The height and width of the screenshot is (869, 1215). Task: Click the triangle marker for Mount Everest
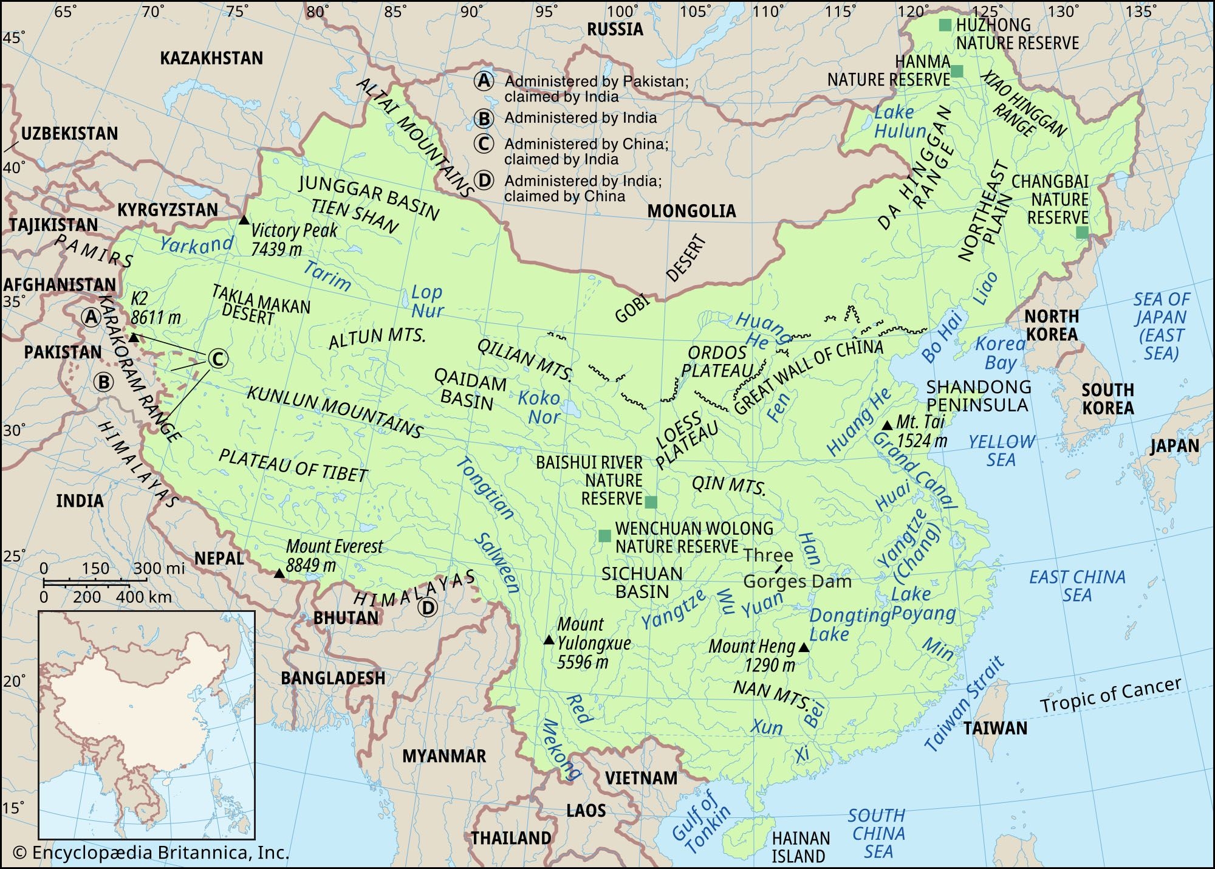click(279, 574)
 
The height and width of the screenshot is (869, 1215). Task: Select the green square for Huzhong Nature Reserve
click(945, 25)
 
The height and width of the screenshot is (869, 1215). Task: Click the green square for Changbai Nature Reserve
click(1081, 232)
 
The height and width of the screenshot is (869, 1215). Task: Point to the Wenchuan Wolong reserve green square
click(604, 535)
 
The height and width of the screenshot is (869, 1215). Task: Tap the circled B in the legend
click(484, 118)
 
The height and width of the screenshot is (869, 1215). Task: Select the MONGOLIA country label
click(691, 211)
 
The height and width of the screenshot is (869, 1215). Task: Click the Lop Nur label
click(426, 301)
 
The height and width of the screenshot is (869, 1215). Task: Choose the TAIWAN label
click(995, 728)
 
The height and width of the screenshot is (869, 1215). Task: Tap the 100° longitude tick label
click(620, 11)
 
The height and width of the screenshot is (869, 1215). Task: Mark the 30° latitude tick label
click(14, 431)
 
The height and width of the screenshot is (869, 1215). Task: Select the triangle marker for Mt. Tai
click(887, 425)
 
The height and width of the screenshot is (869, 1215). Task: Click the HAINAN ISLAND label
click(800, 847)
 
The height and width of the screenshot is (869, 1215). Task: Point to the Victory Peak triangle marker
click(244, 220)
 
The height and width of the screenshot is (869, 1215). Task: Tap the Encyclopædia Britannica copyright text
click(151, 853)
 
